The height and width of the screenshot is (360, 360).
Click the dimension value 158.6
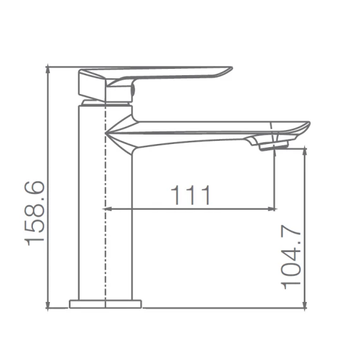(x=34, y=211)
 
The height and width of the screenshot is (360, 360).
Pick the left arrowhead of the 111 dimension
(x=108, y=207)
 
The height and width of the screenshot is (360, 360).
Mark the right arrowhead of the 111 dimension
(x=272, y=207)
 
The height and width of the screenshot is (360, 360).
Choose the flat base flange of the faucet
(x=105, y=303)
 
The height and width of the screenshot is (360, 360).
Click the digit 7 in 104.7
(x=293, y=234)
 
